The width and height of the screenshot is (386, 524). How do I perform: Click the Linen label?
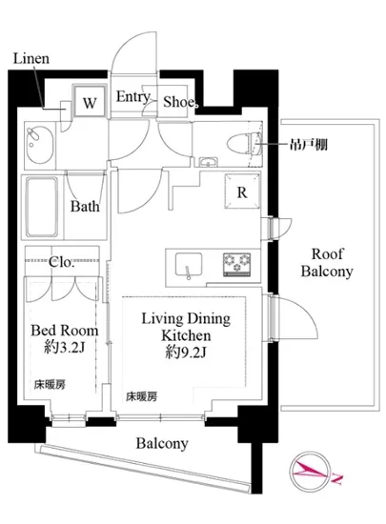point(31,58)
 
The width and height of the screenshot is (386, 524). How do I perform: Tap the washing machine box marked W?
point(90,101)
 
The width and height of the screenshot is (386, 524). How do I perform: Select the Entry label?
point(133,97)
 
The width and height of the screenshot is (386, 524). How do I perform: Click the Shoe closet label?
point(180,102)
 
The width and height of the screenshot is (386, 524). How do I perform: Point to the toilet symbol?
point(244,144)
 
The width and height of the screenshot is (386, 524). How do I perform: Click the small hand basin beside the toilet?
point(209,162)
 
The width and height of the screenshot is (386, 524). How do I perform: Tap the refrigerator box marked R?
point(242,191)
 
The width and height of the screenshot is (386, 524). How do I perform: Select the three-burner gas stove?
point(237,264)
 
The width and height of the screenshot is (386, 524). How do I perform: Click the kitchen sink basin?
point(189,264)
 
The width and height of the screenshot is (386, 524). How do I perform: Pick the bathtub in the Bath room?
point(42,207)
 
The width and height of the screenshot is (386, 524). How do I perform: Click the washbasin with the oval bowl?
point(40,145)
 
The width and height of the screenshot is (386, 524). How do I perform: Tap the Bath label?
point(85,206)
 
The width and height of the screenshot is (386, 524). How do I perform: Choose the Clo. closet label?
point(61,262)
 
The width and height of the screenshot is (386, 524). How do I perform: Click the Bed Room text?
point(65,331)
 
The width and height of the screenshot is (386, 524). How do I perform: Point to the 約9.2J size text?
point(186,352)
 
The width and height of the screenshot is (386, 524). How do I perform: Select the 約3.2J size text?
point(65,348)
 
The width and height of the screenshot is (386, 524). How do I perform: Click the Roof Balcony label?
point(327,263)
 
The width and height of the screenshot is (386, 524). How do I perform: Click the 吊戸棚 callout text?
point(308,145)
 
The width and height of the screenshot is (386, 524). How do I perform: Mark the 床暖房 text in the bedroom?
point(50,385)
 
